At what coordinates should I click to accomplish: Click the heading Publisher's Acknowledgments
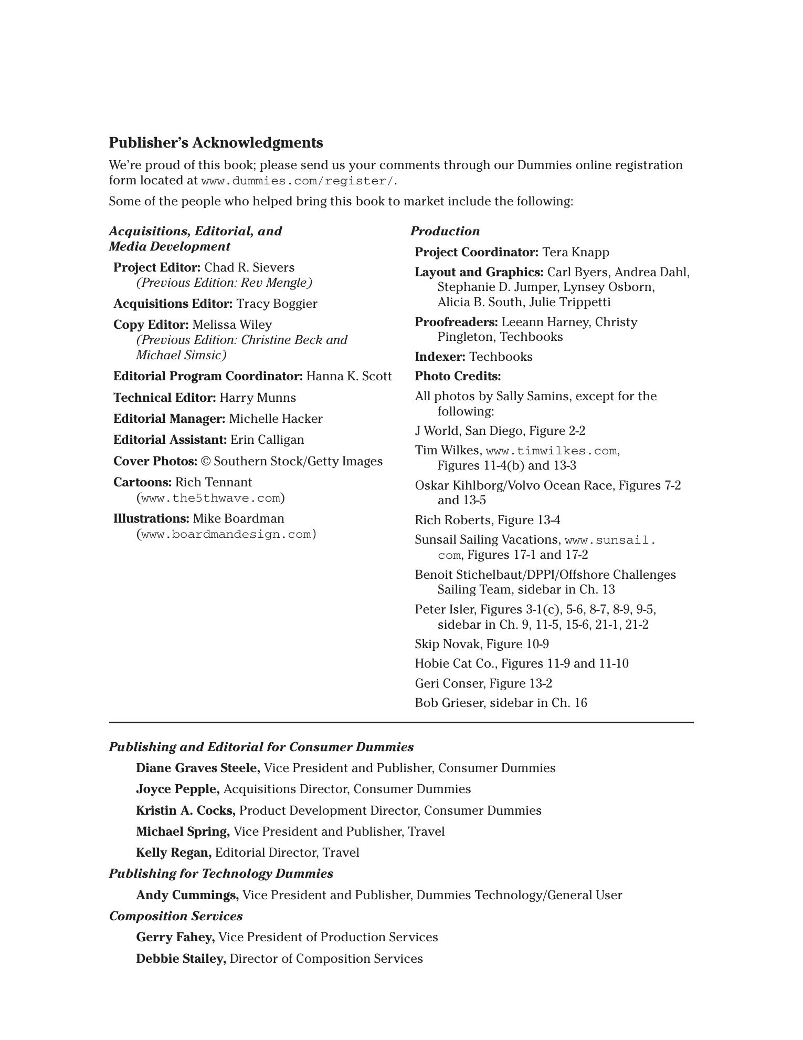point(216,143)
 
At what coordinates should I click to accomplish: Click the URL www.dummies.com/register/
point(297,181)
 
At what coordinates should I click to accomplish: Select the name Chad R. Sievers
point(249,267)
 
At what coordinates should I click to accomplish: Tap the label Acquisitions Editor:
point(173,304)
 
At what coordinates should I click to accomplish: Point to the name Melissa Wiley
point(232,325)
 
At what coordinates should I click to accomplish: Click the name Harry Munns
point(258,398)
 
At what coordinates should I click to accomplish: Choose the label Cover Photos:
point(155,461)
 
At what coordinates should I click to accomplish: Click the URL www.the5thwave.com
point(210,498)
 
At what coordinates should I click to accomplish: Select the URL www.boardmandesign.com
point(226,535)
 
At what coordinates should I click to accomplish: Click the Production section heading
point(445,231)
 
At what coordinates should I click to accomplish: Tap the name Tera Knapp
point(576,252)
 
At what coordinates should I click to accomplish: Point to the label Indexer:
point(440,357)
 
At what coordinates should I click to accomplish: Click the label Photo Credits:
point(458,376)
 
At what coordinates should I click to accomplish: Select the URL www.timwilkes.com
point(551,451)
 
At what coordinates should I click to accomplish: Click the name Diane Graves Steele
point(198,768)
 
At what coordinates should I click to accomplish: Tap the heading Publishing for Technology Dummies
point(221,873)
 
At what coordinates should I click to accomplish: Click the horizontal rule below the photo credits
point(401,723)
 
